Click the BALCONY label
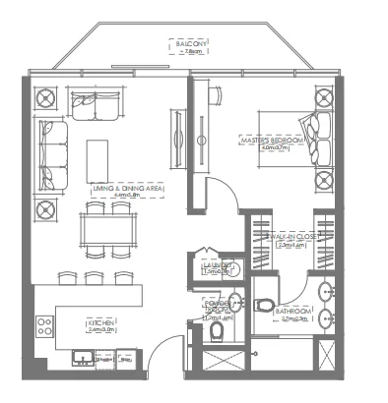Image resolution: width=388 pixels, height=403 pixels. [x=192, y=45]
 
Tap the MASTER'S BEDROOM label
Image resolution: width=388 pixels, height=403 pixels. [x=270, y=140]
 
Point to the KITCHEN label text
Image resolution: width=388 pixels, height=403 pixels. [x=102, y=322]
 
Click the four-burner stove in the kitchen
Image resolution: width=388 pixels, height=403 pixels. [x=45, y=325]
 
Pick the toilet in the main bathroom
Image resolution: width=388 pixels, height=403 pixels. [x=263, y=306]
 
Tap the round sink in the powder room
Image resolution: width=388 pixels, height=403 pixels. [x=234, y=301]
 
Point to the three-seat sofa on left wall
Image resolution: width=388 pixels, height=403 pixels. [x=51, y=155]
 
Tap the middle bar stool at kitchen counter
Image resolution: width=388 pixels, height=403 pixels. [x=94, y=278]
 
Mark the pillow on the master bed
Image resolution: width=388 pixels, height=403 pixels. [x=322, y=127]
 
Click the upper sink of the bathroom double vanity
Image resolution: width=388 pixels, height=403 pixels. [x=327, y=291]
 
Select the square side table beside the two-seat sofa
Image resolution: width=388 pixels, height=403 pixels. [x=45, y=100]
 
